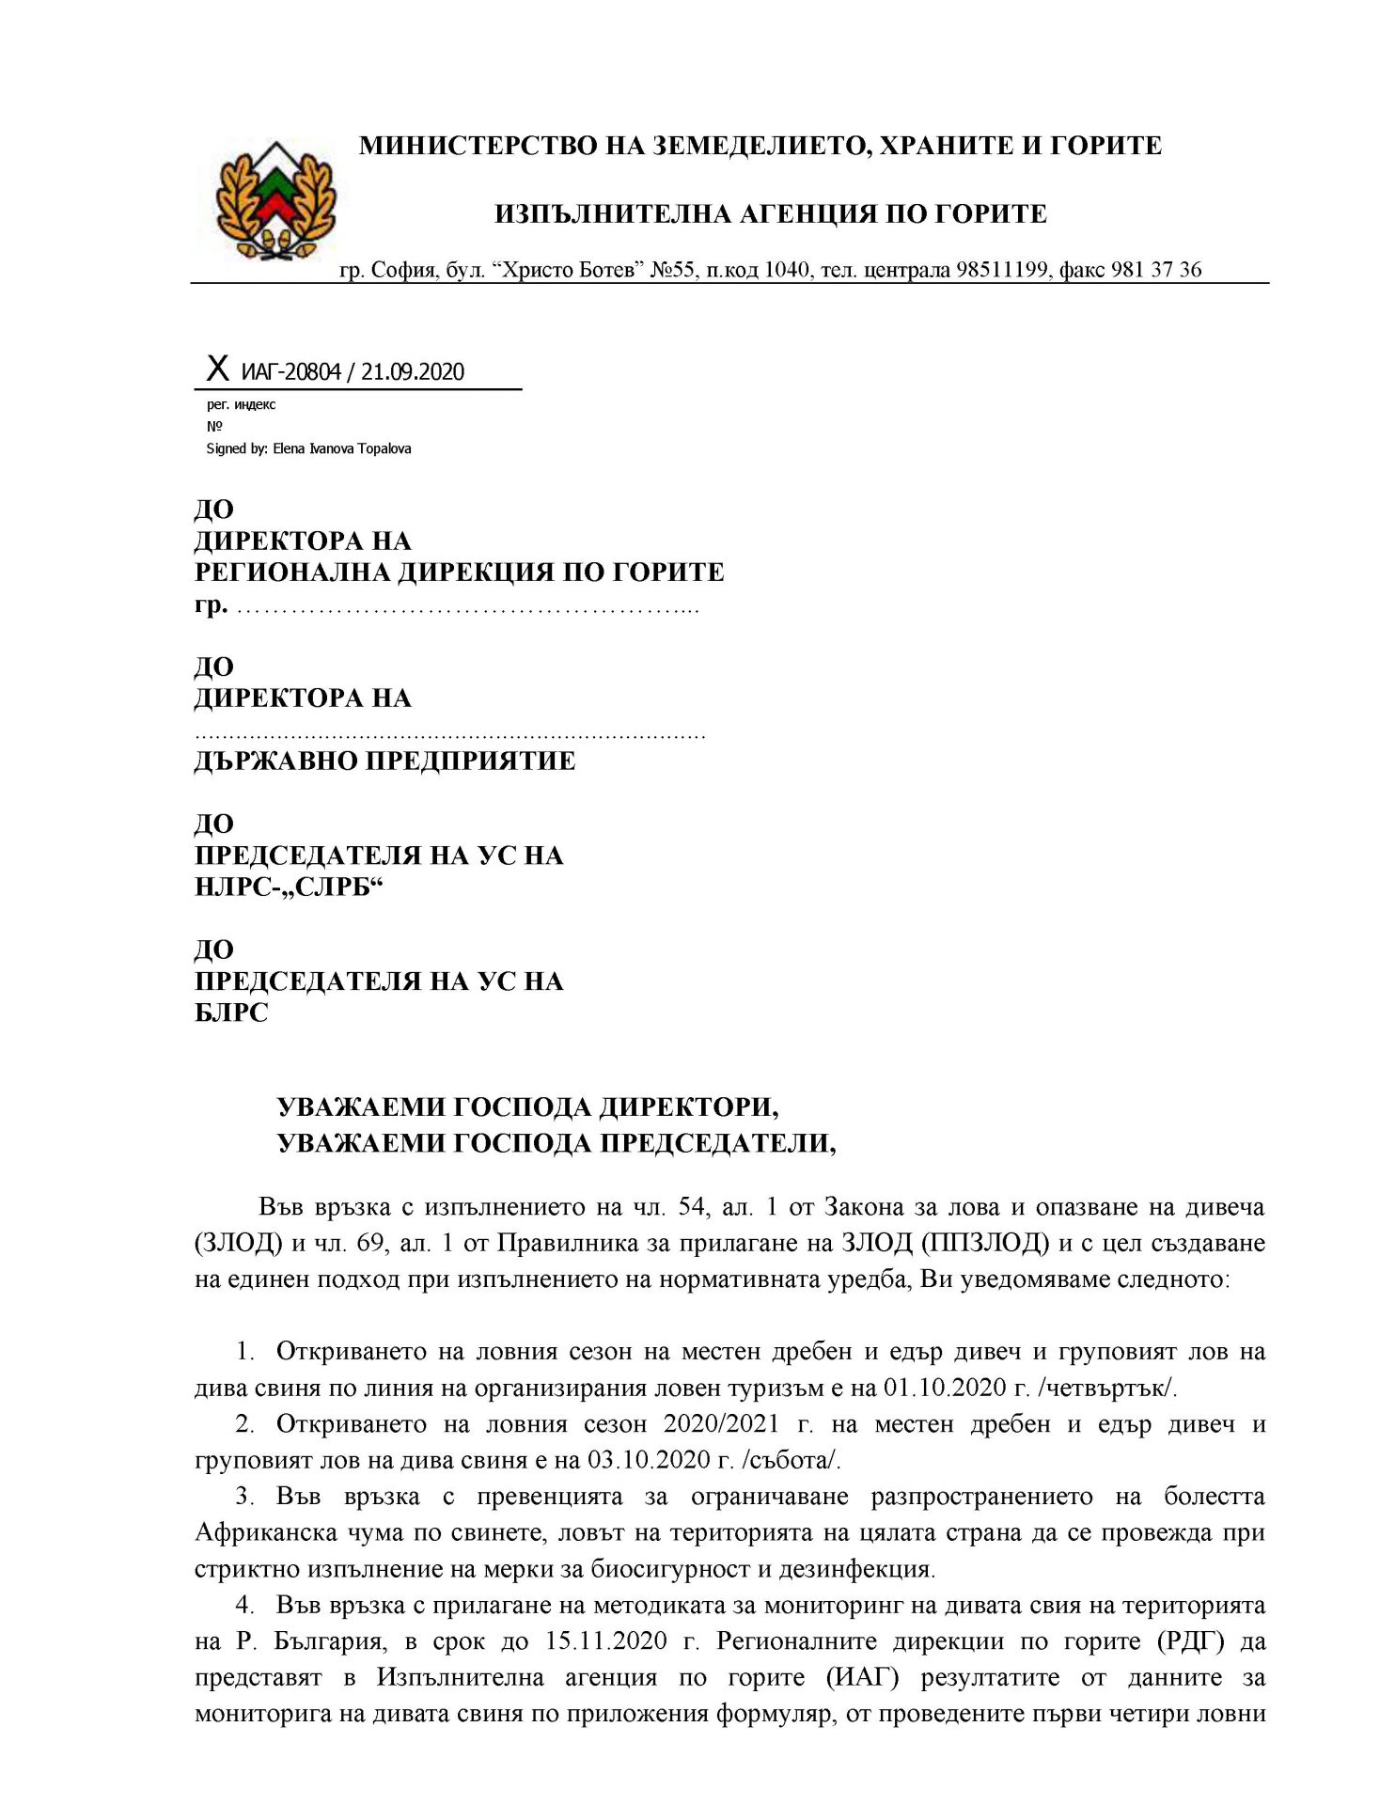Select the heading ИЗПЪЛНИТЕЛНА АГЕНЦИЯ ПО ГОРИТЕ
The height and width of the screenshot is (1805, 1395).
coord(770,214)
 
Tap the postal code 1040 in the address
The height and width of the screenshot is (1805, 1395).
coord(786,271)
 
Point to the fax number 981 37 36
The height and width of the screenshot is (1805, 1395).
coord(1155,271)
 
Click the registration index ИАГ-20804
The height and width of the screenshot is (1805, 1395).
coord(290,372)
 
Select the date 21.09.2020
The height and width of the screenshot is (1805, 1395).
coord(413,372)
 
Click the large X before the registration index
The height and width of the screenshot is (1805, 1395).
coord(217,369)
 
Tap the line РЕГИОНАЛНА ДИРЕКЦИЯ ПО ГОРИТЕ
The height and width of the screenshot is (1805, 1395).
coord(459,573)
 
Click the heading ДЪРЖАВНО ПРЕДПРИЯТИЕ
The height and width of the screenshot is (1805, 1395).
coord(384,761)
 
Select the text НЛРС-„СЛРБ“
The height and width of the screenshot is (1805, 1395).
coord(290,887)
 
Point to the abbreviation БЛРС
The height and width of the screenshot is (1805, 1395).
coord(231,1012)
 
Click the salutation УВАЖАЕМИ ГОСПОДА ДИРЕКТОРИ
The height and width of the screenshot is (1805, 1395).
coord(527,1107)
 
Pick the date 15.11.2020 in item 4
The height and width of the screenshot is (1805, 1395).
coord(605,1641)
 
